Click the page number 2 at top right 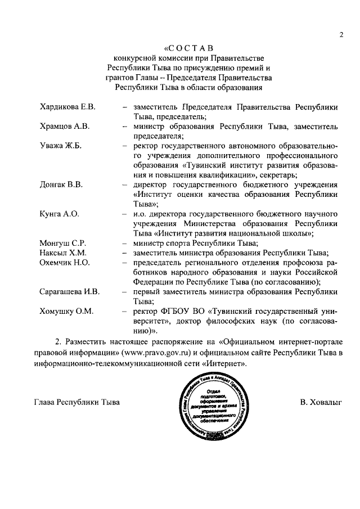(341, 35)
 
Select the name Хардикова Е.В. (67, 107)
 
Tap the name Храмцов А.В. (65, 126)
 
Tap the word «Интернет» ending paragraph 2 (228, 363)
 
